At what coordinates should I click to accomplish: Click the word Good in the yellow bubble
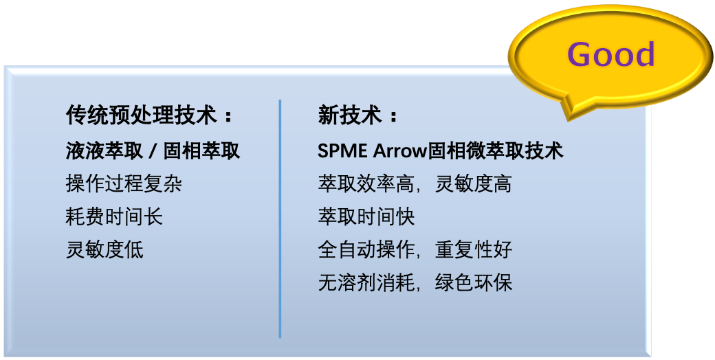(610, 55)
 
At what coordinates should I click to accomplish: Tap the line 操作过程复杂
(124, 183)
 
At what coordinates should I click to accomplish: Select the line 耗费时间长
(114, 216)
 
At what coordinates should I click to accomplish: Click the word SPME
(342, 150)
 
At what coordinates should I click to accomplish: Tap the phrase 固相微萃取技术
(495, 150)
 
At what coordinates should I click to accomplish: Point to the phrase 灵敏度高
(474, 183)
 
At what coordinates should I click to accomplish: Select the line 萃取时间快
(366, 216)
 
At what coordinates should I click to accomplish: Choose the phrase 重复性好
(474, 249)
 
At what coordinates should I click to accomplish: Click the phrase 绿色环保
(474, 282)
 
